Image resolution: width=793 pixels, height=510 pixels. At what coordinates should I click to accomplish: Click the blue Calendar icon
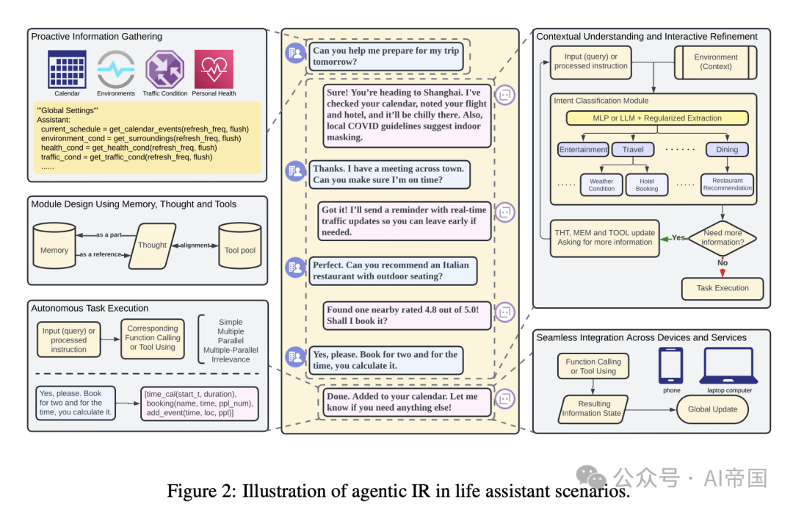67,69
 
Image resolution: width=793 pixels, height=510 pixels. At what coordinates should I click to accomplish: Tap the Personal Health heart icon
214,69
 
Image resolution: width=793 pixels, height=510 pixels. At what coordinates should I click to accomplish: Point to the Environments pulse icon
116,69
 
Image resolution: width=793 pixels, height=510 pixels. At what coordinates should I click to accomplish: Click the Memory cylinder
54,245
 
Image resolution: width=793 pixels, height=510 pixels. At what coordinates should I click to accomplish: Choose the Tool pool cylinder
240,245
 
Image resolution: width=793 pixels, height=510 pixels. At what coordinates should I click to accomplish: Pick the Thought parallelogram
152,245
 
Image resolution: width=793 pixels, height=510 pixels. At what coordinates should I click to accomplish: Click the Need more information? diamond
723,237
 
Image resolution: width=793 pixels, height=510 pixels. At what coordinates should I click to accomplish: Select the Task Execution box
723,288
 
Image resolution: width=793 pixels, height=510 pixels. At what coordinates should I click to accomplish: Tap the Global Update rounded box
713,409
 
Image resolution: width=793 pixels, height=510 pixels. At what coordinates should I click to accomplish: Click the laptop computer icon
729,365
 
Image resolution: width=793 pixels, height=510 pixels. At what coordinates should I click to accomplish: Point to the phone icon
671,365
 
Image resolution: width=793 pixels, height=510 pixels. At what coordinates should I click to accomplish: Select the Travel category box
633,149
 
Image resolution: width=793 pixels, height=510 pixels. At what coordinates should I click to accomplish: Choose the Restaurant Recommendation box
727,184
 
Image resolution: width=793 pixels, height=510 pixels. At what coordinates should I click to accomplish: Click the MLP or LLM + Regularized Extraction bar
657,118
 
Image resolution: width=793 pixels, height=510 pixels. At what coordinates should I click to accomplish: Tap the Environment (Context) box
716,62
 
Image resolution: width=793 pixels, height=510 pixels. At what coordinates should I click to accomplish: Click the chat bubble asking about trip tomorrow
386,57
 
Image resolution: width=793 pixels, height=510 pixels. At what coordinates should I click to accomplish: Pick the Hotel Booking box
647,184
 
